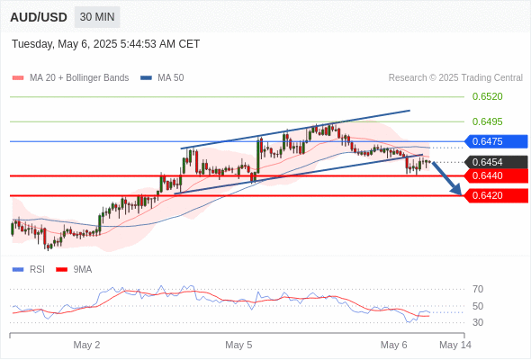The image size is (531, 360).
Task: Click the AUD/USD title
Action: (39, 17)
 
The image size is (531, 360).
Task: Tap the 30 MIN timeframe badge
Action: (97, 17)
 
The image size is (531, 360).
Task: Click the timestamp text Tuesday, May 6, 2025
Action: (65, 44)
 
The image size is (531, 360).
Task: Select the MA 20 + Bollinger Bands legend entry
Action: (70, 78)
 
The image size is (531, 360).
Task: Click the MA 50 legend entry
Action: (162, 78)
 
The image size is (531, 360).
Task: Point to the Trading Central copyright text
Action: (455, 78)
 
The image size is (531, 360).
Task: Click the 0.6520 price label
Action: (487, 96)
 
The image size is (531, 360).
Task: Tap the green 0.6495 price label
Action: (487, 121)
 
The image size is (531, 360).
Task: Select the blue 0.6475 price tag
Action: (496, 141)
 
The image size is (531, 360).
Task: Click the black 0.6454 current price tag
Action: (496, 162)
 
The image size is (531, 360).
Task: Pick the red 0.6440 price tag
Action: (496, 175)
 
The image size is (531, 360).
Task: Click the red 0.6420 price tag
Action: (496, 195)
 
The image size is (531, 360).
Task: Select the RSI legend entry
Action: (29, 270)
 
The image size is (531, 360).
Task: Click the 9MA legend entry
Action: (74, 270)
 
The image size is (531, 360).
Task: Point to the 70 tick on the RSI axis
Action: (478, 289)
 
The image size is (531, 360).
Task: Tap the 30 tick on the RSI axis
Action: (478, 322)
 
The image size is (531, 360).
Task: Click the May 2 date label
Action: (86, 345)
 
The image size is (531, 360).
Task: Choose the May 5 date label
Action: (238, 345)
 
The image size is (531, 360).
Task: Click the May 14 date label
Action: (455, 345)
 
